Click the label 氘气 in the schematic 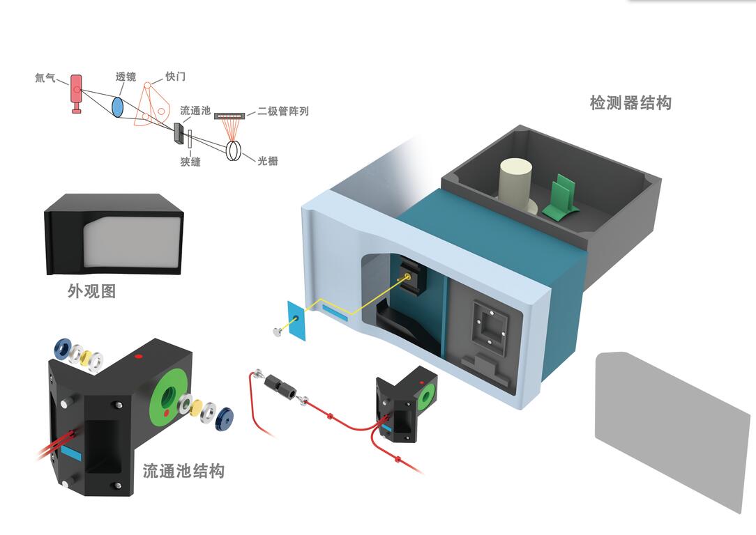(x=45, y=79)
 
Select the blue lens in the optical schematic (x=118, y=106)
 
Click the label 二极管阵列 (x=283, y=111)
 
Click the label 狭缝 (x=190, y=162)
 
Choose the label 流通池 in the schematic (x=195, y=111)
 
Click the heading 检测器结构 (x=630, y=103)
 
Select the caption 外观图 (x=91, y=291)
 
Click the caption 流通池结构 (x=183, y=471)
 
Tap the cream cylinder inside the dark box (x=517, y=183)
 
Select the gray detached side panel (x=670, y=425)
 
